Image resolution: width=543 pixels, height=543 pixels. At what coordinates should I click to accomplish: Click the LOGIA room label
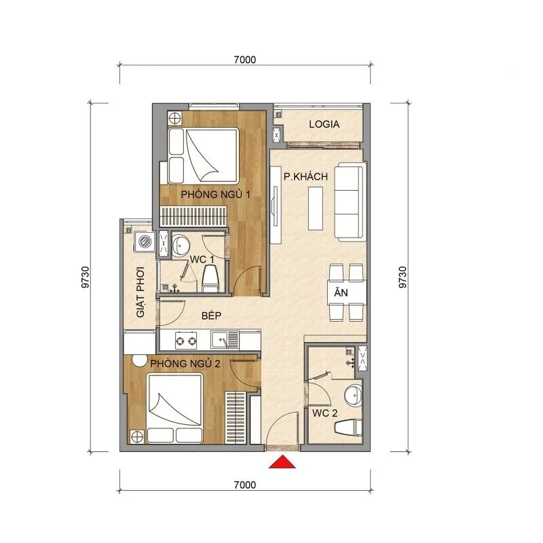click(x=324, y=125)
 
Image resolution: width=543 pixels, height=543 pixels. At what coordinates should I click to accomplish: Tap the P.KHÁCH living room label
click(x=305, y=176)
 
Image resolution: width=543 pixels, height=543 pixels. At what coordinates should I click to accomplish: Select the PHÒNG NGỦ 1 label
click(x=216, y=195)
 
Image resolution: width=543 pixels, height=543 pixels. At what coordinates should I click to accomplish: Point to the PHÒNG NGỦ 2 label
click(x=185, y=364)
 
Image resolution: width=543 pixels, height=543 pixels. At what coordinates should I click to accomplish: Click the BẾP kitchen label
click(x=213, y=316)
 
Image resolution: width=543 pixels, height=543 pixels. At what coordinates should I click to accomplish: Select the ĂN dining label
click(x=339, y=293)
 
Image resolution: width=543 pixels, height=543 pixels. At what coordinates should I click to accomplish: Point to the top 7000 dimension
click(x=244, y=60)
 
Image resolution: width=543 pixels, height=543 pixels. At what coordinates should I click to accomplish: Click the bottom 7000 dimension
click(x=244, y=485)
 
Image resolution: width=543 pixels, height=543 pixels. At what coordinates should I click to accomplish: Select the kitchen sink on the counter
click(x=222, y=338)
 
